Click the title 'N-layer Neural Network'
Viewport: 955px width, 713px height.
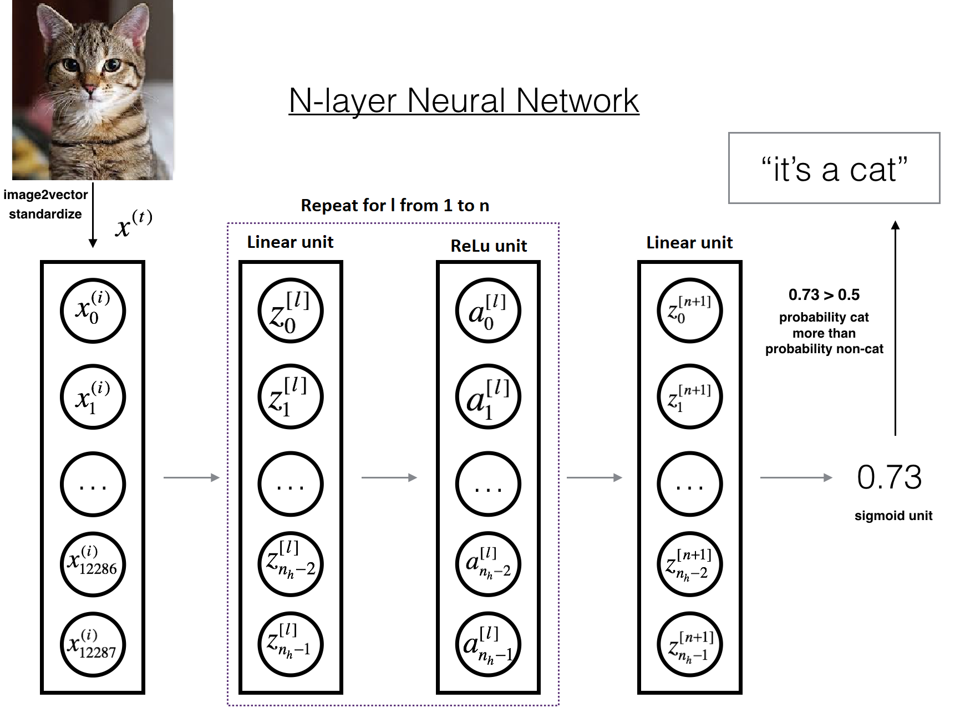(x=464, y=101)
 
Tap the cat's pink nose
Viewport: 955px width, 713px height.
(x=89, y=89)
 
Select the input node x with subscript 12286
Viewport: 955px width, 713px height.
(x=93, y=564)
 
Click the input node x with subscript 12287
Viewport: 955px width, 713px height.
(x=93, y=645)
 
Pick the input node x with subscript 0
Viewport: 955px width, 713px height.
(x=93, y=310)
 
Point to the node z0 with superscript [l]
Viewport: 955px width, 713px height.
(x=290, y=310)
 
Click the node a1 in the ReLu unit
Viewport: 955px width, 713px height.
(x=487, y=396)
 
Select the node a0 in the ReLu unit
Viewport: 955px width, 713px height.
(x=487, y=310)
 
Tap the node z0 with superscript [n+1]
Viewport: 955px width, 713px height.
(x=689, y=310)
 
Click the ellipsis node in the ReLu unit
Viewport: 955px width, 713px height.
(x=487, y=483)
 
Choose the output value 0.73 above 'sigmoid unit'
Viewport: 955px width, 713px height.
(x=889, y=477)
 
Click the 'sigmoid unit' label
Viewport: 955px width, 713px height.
(x=893, y=516)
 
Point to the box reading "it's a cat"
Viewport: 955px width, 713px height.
(x=834, y=168)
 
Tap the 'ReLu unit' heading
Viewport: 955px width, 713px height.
(x=488, y=246)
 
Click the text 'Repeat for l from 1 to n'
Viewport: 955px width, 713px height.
(x=395, y=206)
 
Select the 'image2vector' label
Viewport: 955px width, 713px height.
(x=45, y=195)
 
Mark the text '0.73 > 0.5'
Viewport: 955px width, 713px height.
(x=824, y=294)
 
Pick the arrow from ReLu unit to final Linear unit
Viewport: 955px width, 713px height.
(x=594, y=477)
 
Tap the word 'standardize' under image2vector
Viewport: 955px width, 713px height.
(x=45, y=214)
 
